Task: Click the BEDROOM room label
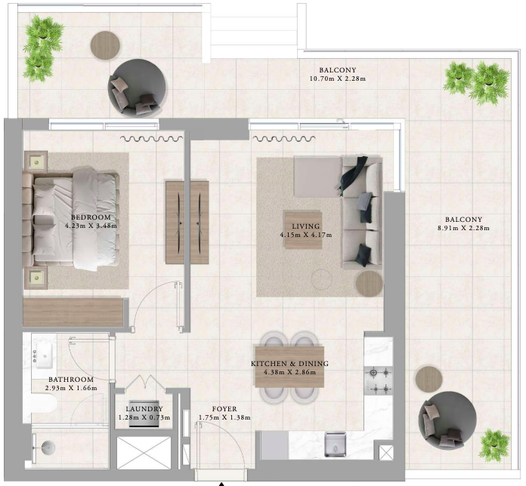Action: pyautogui.click(x=91, y=217)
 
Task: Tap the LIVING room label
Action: pyautogui.click(x=305, y=226)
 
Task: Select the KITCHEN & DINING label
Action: pyautogui.click(x=290, y=364)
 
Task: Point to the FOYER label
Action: pyautogui.click(x=224, y=409)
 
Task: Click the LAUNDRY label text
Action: pyautogui.click(x=144, y=409)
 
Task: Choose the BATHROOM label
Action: pyautogui.click(x=71, y=380)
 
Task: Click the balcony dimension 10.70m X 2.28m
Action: pyautogui.click(x=338, y=79)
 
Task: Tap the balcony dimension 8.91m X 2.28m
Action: pyautogui.click(x=463, y=229)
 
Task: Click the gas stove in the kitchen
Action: pyautogui.click(x=379, y=380)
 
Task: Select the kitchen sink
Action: pyautogui.click(x=335, y=444)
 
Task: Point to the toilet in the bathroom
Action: pyautogui.click(x=44, y=403)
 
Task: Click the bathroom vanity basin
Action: pyautogui.click(x=44, y=355)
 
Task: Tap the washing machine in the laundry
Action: pyautogui.click(x=144, y=414)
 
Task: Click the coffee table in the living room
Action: pyautogui.click(x=304, y=230)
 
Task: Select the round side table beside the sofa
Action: pyautogui.click(x=369, y=283)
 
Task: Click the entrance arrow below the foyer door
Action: pyautogui.click(x=221, y=484)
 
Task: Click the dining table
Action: pyautogui.click(x=290, y=367)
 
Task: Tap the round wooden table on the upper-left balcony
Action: pyautogui.click(x=105, y=46)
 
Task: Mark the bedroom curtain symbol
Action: pyautogui.click(x=152, y=138)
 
